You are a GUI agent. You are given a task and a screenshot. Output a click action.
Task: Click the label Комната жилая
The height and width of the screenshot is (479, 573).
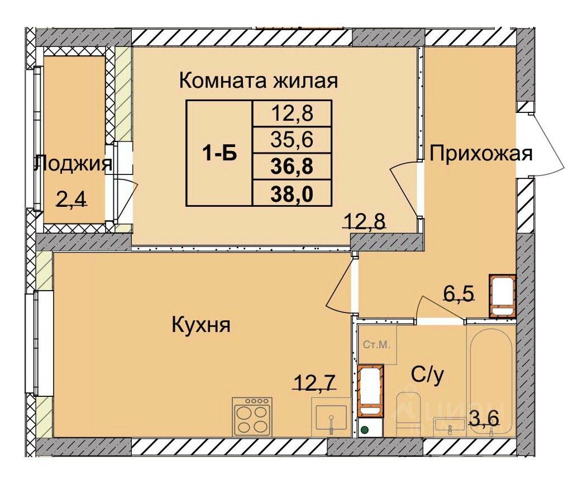tap(259, 81)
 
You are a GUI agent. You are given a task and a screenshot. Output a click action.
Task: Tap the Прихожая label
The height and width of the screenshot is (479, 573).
tap(481, 154)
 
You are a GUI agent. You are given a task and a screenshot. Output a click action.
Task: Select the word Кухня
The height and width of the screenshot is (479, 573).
tap(201, 325)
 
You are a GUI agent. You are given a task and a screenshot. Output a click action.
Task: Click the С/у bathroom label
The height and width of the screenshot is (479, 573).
tap(427, 375)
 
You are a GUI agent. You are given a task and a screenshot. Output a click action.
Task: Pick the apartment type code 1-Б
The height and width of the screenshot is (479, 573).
tap(219, 154)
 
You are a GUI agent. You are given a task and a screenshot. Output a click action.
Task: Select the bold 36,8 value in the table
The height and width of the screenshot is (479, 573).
tap(292, 167)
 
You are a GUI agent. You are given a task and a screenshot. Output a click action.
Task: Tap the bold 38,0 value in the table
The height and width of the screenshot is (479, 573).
tap(292, 194)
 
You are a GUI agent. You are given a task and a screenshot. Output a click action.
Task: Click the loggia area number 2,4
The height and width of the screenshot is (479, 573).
tap(71, 200)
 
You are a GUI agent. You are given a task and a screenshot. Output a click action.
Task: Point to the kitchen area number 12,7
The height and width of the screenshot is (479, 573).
tap(314, 382)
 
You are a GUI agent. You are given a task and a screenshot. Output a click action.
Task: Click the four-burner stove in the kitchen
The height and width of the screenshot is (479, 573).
tap(252, 416)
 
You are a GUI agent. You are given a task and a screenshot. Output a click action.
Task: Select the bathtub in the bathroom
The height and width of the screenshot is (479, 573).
tap(491, 380)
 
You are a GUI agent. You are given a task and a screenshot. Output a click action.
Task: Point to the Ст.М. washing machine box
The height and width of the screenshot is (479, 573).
tap(377, 345)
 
